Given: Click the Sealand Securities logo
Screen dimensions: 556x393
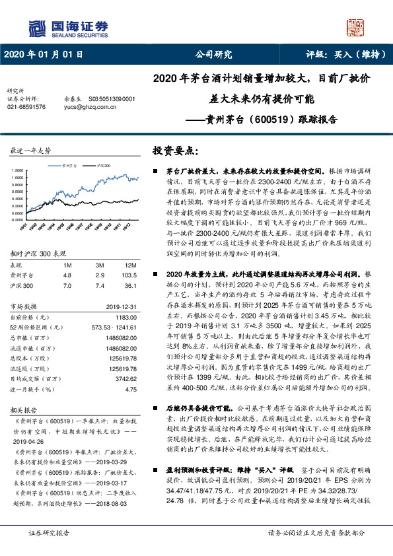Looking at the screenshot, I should coord(67,27).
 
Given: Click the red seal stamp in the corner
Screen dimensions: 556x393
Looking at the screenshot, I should coord(357,26).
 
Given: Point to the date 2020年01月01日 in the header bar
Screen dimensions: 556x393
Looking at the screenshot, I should coord(44,55).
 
